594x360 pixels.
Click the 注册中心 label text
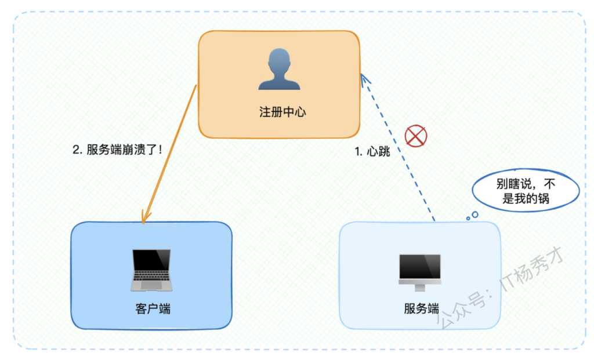(282, 112)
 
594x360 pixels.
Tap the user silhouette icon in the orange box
(279, 69)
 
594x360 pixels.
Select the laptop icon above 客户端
(151, 270)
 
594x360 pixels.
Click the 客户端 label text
(153, 309)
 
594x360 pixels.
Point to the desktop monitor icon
(420, 272)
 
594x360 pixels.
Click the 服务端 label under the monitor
(421, 308)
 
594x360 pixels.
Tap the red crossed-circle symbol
(416, 136)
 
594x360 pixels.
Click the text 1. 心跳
(372, 151)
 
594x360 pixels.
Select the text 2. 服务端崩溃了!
(117, 150)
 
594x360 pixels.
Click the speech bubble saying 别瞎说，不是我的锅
(526, 190)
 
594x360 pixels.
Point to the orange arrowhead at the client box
(144, 217)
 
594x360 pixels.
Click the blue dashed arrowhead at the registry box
(364, 79)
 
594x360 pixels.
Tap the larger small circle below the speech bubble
(475, 214)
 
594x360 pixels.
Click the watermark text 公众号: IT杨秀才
(500, 290)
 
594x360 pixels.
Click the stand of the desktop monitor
(420, 288)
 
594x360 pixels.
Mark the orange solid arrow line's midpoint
(170, 153)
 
